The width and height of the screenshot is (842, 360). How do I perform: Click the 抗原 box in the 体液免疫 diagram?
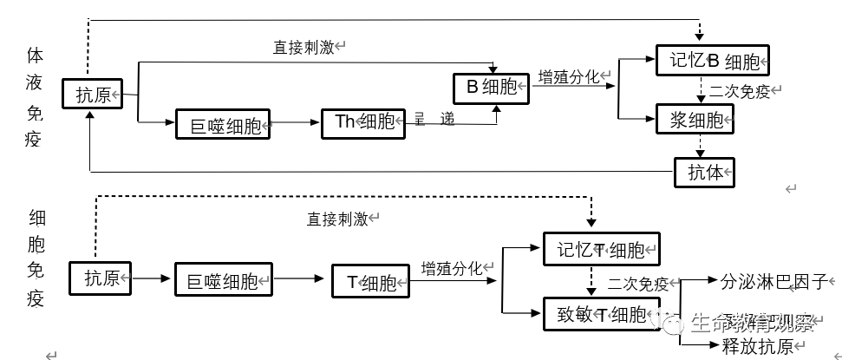point(93,95)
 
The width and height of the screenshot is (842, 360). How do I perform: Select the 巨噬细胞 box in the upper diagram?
point(223,125)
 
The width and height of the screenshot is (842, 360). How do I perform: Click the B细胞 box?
point(492,87)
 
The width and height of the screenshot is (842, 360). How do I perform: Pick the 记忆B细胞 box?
point(713,61)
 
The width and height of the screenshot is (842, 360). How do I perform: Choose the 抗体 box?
point(704,171)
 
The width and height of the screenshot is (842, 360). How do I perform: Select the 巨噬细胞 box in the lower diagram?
point(223,280)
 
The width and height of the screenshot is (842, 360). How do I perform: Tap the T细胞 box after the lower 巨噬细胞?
point(371,282)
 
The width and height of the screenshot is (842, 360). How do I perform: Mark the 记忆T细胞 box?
point(600,251)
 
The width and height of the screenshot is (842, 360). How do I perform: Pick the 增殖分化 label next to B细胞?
point(568,76)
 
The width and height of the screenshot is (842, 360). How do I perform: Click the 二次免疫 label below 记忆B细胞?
point(740,91)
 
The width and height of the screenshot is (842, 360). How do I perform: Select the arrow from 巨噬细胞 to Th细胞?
point(295,124)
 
